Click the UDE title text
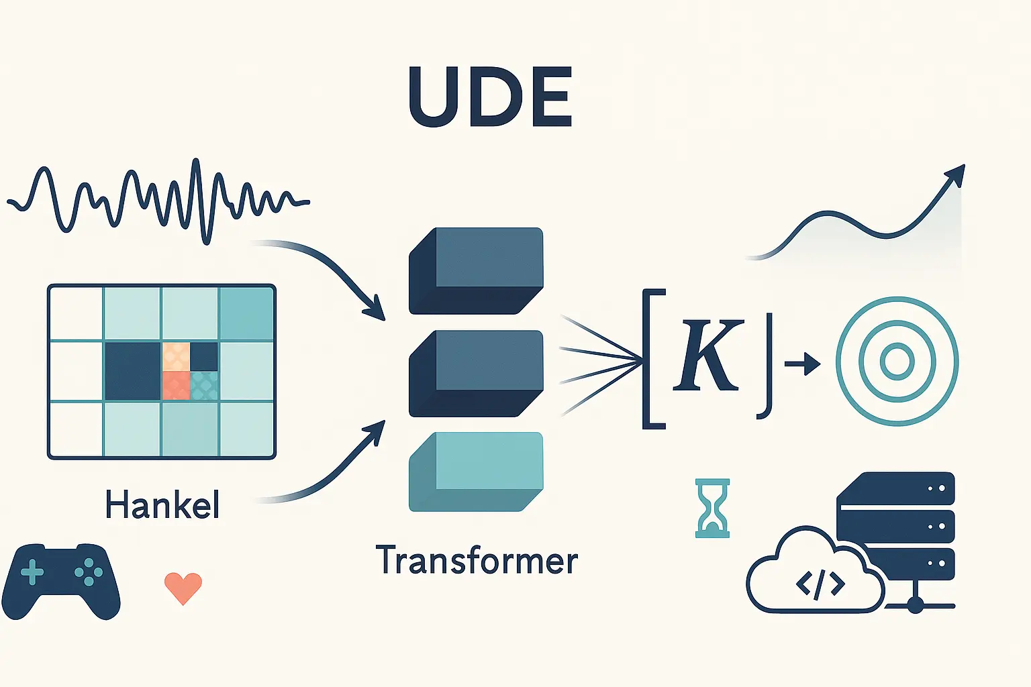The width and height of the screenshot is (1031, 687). click(490, 97)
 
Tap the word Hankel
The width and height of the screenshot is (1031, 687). click(162, 505)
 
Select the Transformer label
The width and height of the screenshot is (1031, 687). click(477, 560)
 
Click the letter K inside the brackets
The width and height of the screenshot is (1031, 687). click(708, 355)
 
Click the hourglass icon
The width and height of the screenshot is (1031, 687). click(712, 509)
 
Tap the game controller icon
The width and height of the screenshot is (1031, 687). click(61, 581)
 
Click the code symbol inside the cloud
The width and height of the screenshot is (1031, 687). click(820, 585)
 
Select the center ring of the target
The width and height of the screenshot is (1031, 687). click(897, 361)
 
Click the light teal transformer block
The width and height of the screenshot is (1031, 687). click(476, 472)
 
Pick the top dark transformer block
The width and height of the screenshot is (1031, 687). click(476, 271)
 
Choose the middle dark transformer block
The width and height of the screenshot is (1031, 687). click(476, 374)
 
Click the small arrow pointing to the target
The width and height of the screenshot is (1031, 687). click(802, 364)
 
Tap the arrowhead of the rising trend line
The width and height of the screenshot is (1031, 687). click(956, 175)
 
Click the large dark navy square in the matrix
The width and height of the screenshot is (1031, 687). click(133, 371)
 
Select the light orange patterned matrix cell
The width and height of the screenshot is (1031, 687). click(176, 357)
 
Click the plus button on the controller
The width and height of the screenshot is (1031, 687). click(32, 573)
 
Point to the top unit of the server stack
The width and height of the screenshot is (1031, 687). click(895, 488)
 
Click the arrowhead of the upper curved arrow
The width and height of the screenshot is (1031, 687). click(377, 309)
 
